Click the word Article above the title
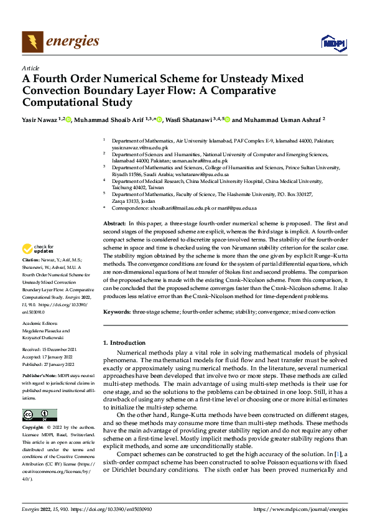pos(30,68)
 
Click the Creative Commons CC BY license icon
pos(39,415)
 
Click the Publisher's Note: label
pos(39,377)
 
